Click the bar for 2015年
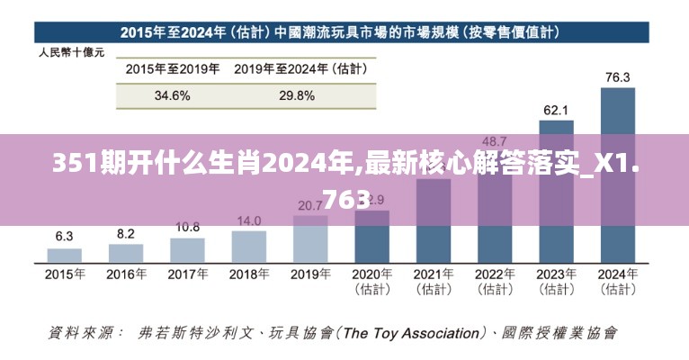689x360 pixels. pos(64,255)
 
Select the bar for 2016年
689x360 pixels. pos(125,253)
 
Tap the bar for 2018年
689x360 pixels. pos(248,246)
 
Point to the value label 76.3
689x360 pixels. pos(617,76)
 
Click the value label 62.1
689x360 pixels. pos(555,110)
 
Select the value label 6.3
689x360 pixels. pos(64,237)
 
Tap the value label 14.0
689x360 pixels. pos(248,220)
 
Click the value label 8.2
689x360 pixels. pos(125,233)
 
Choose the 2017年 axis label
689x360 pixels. pos(187,274)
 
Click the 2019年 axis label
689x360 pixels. pos(310,274)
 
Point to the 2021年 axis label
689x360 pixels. pos(433,274)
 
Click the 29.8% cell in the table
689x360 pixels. pos(296,94)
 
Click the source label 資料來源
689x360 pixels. pos(85,333)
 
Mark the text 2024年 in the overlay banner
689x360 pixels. pos(311,164)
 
